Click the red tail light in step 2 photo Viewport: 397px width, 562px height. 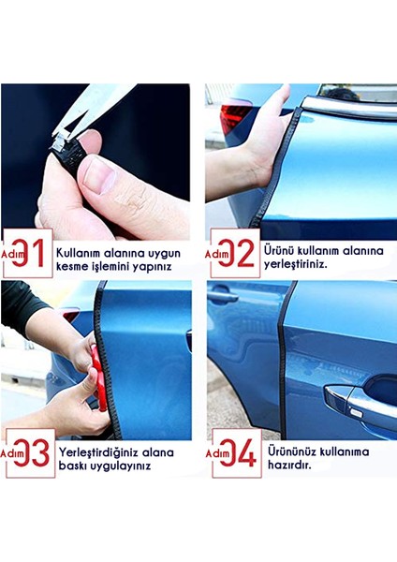(x=233, y=116)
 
